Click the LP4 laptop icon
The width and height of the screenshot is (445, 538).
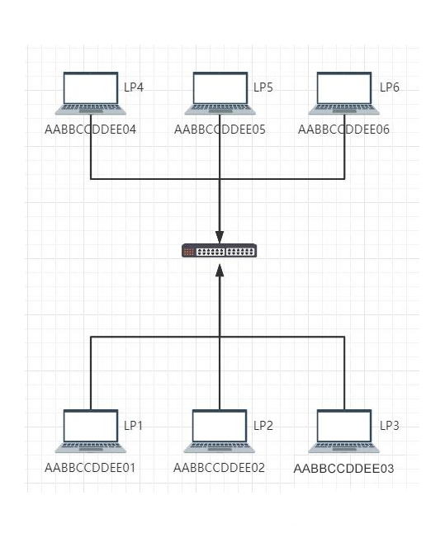91,93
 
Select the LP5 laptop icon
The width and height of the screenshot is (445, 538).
220,93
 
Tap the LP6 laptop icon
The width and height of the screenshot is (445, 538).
344,93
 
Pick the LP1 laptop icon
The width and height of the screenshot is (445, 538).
91,431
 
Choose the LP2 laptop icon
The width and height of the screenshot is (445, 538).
220,431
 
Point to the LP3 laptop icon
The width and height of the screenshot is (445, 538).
344,431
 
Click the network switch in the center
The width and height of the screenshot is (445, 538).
220,251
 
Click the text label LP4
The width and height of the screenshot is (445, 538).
134,87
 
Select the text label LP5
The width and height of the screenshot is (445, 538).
263,87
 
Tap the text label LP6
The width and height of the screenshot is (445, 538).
390,87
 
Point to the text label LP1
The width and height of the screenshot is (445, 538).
133,426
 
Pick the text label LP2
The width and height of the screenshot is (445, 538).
263,426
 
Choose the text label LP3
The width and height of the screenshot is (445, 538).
390,426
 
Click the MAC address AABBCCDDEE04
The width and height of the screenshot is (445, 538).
90,130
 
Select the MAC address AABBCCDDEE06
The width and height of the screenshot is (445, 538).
343,130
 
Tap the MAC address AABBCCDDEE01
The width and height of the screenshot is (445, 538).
90,468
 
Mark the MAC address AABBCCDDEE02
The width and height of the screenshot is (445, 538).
219,468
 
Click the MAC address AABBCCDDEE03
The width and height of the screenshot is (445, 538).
343,469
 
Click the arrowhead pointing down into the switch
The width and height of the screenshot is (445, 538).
220,237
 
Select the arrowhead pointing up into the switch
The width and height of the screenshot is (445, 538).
220,271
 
